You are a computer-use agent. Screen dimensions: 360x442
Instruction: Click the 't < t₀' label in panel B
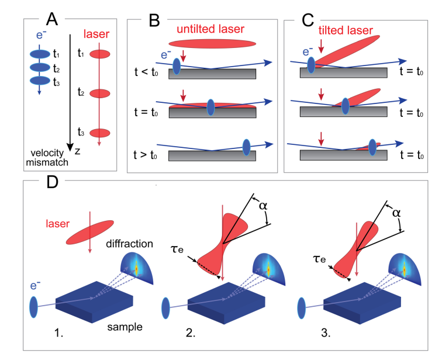[x=147, y=75]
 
